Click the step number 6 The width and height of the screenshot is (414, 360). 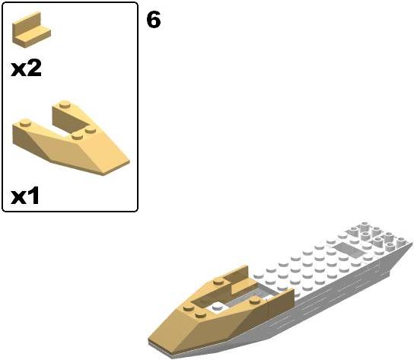tap(154, 20)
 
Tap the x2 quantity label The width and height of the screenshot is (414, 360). tap(26, 68)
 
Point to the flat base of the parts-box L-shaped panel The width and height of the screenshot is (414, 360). tap(33, 38)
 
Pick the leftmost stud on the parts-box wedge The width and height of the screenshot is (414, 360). tap(25, 123)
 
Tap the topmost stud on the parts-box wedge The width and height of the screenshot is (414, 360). tap(65, 104)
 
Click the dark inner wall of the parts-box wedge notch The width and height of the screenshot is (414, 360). tap(70, 119)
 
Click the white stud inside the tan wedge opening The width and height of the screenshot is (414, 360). tap(218, 307)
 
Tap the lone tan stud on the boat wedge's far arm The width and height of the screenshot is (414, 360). tap(218, 282)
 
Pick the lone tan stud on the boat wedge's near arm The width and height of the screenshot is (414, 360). tap(255, 300)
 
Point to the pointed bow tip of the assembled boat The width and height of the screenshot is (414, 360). tap(149, 341)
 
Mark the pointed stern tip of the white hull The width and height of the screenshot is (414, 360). tap(412, 244)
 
